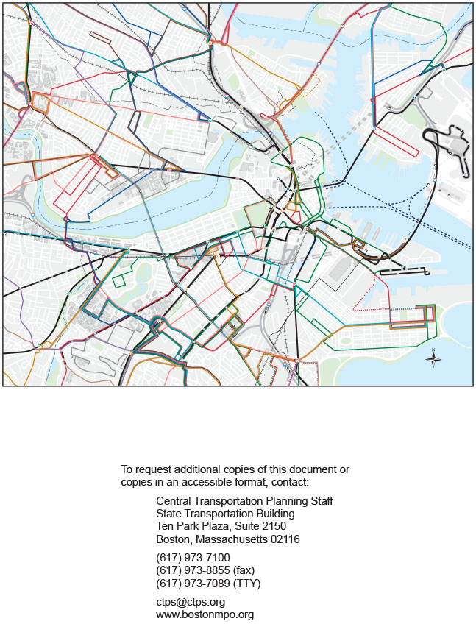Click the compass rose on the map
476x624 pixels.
434,360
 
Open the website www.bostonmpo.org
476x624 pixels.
205,614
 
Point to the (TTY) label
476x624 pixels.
246,584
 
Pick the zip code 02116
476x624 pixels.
284,539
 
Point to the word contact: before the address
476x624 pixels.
290,482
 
